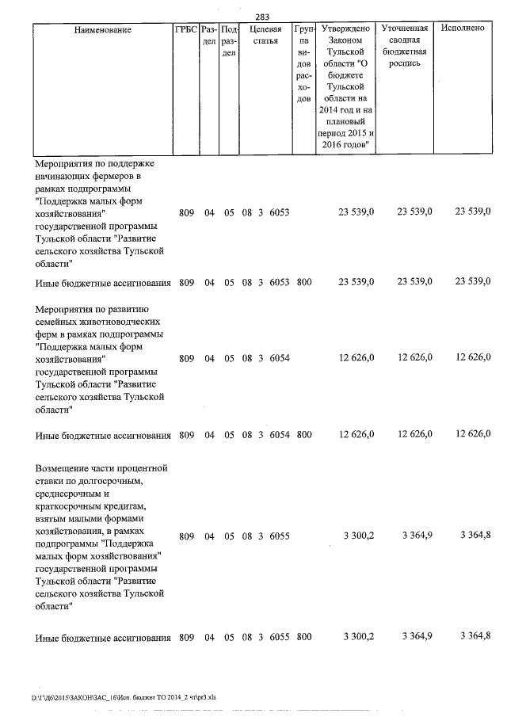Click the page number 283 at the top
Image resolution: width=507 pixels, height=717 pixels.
point(263,16)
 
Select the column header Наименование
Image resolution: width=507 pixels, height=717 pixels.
point(103,29)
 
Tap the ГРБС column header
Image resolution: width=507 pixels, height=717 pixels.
point(185,29)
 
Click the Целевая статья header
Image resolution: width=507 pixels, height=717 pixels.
point(265,35)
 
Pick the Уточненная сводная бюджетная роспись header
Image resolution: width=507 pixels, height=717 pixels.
point(405,46)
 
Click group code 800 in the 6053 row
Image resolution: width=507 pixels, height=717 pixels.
point(304,282)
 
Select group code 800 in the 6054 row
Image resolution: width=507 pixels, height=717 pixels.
point(304,435)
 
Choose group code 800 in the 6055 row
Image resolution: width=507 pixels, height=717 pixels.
point(304,636)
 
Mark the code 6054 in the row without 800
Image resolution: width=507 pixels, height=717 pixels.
point(280,359)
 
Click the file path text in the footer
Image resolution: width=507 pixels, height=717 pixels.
point(123,698)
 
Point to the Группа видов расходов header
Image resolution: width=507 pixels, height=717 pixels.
point(304,64)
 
